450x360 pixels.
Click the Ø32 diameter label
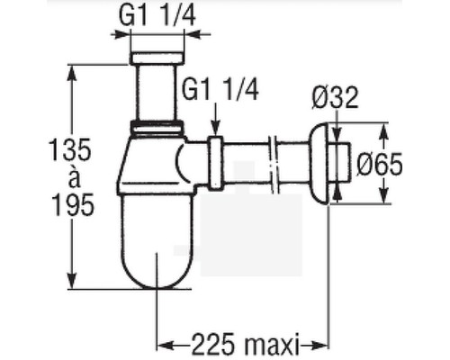335,97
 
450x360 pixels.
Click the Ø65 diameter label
380,164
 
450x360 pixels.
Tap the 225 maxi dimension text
246,344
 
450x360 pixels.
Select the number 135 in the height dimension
69,149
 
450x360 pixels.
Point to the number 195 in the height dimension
73,204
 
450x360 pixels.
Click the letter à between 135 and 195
74,177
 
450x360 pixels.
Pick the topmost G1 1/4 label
157,15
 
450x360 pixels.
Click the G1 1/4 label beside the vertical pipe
220,89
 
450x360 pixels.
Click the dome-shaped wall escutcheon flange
319,163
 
